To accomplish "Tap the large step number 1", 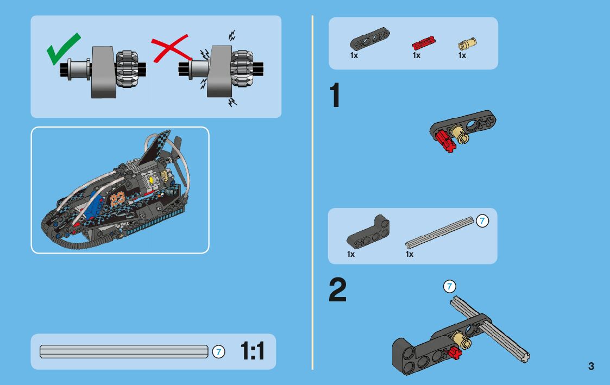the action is [335, 96].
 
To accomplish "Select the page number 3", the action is [591, 366].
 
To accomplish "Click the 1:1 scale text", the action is [253, 352].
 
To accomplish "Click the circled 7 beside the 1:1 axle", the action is [218, 352].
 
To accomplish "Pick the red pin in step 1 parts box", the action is [424, 42].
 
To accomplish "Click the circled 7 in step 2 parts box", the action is [482, 221].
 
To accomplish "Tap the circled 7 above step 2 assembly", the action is [449, 286].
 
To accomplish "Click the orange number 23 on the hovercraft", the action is [117, 199].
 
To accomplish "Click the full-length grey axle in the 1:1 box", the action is [124, 352].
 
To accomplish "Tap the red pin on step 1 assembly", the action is [445, 140].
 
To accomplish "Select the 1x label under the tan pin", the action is [462, 55].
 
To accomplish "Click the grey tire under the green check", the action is [102, 72].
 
